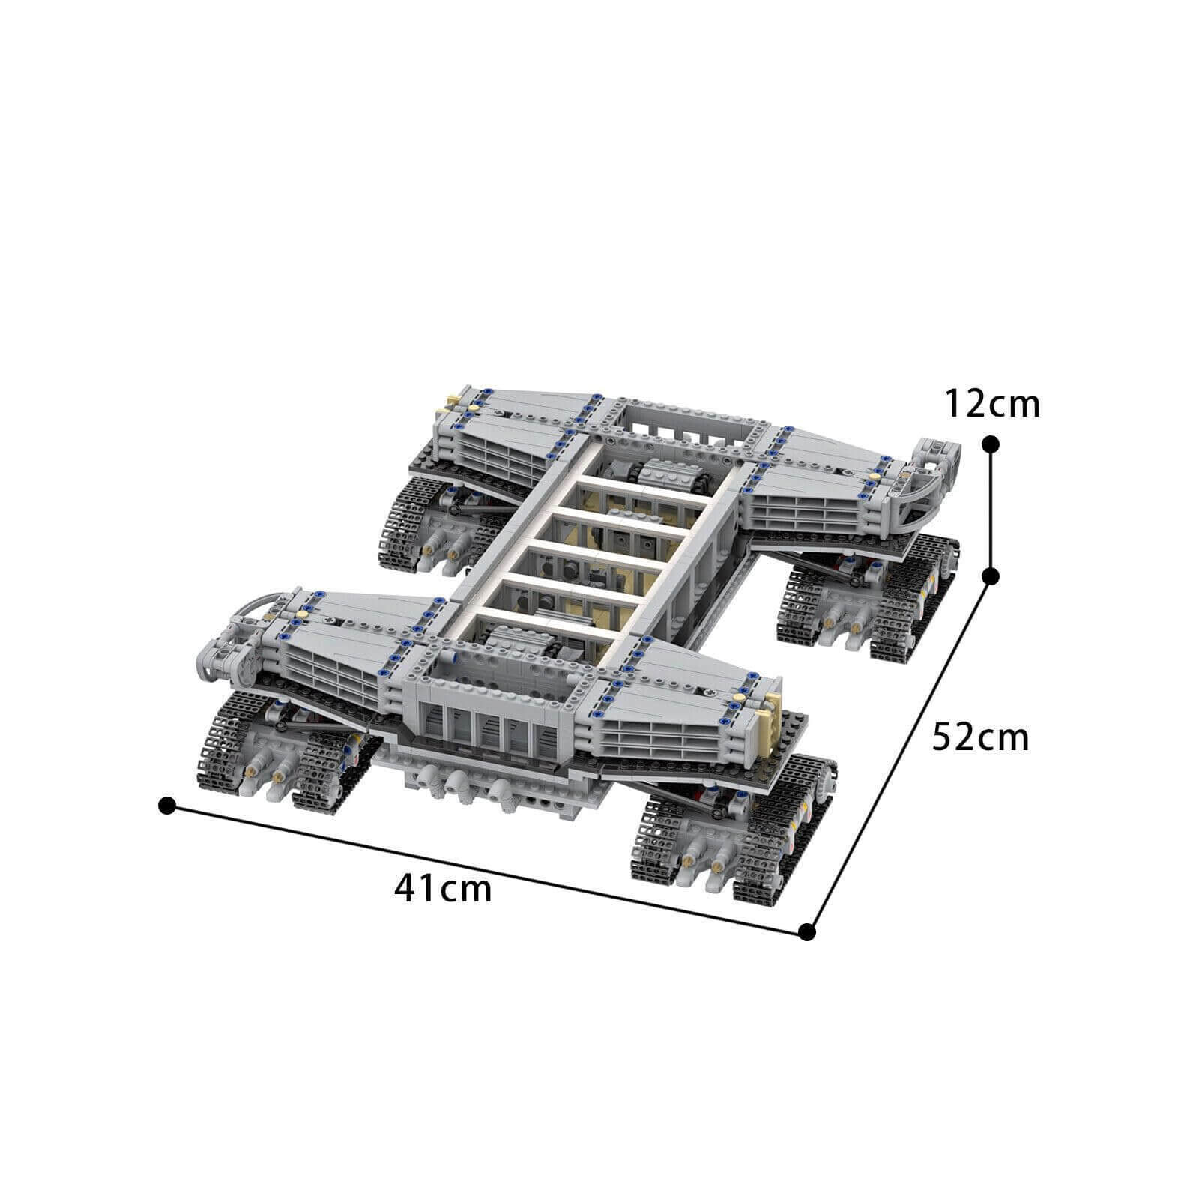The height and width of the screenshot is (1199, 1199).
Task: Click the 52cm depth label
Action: [980, 737]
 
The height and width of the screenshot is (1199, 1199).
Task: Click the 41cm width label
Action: [443, 889]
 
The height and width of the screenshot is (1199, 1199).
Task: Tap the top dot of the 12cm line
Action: [991, 444]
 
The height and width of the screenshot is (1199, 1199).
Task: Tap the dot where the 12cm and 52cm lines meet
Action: [991, 576]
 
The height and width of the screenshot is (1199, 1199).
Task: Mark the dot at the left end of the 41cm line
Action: [167, 806]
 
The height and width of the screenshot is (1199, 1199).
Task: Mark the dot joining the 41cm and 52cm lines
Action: [806, 932]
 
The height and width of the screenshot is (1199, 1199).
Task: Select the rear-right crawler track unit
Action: [869, 599]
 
